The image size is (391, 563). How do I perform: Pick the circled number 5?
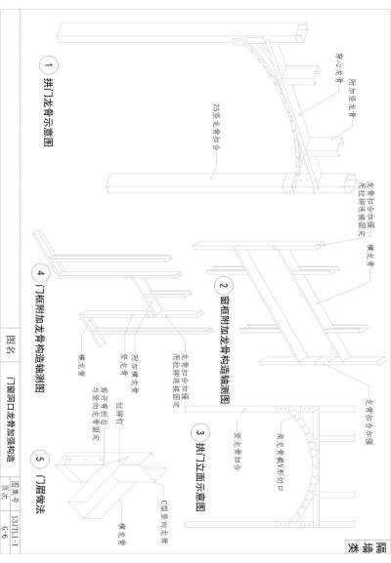pos(40,459)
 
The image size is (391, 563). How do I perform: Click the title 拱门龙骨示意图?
pos(46,117)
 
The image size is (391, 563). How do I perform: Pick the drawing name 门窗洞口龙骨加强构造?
pos(11,421)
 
